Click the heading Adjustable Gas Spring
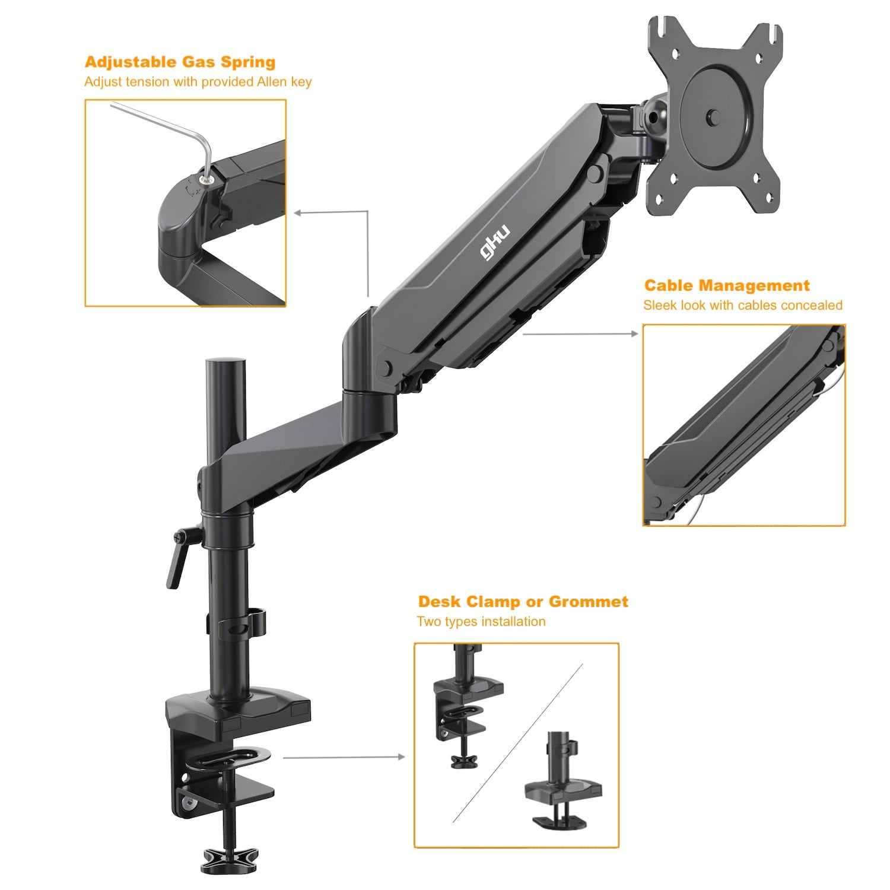180,62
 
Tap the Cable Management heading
726,285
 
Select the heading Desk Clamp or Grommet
523,602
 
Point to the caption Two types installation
481,621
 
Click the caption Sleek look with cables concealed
742,305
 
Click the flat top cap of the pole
225,362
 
